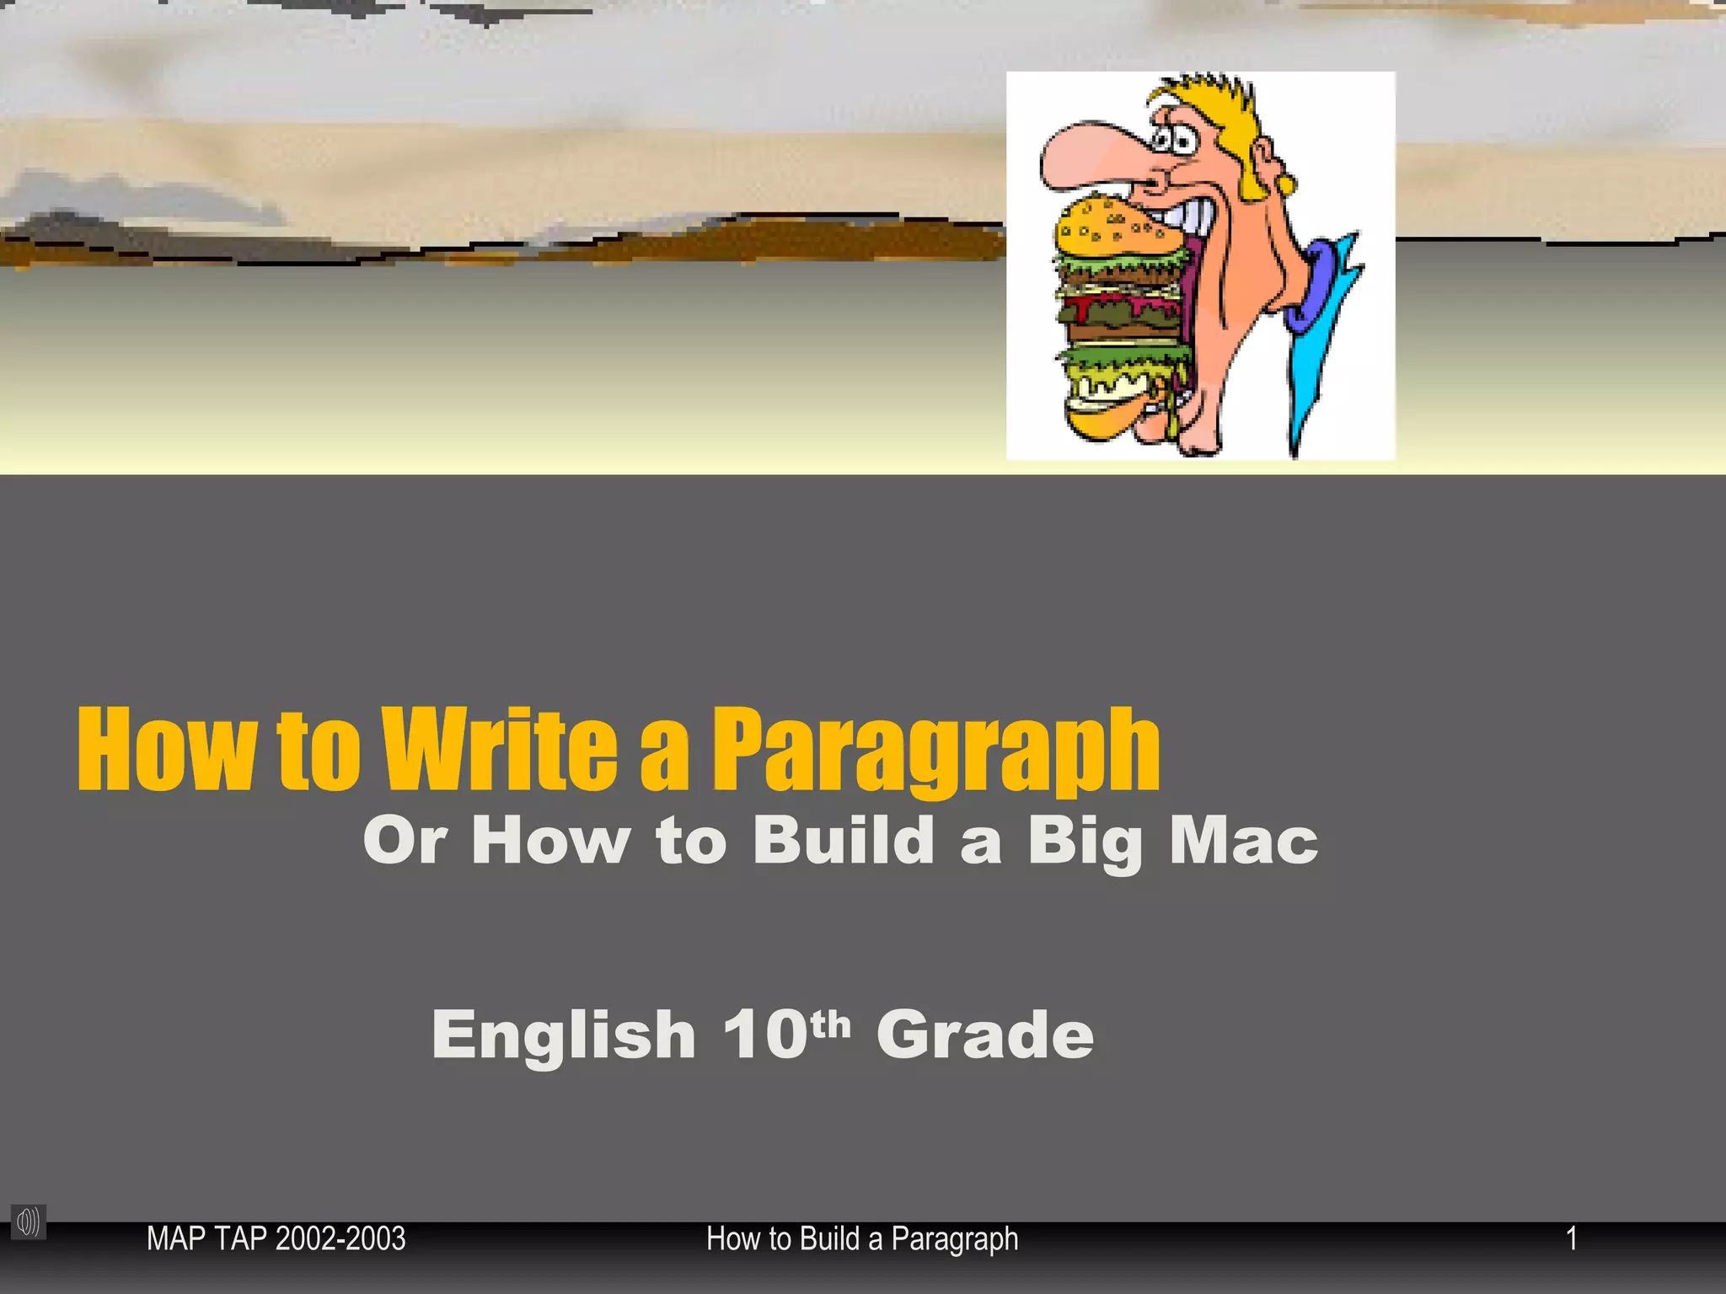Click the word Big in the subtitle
click(x=1085, y=842)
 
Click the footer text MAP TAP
click(x=207, y=1239)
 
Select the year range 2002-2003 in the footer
click(x=340, y=1239)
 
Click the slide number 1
click(x=1571, y=1238)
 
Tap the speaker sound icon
click(x=28, y=1222)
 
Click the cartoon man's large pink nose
click(x=1087, y=156)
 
